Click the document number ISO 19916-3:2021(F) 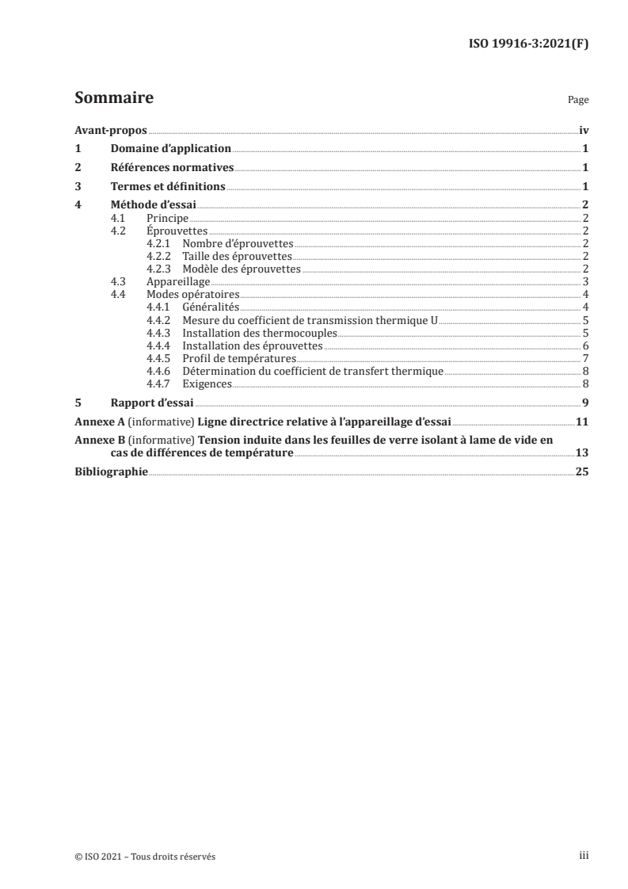coord(528,44)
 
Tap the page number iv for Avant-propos coord(583,130)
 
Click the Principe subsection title coord(168,218)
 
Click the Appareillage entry coord(178,281)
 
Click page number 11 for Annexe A coord(581,422)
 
